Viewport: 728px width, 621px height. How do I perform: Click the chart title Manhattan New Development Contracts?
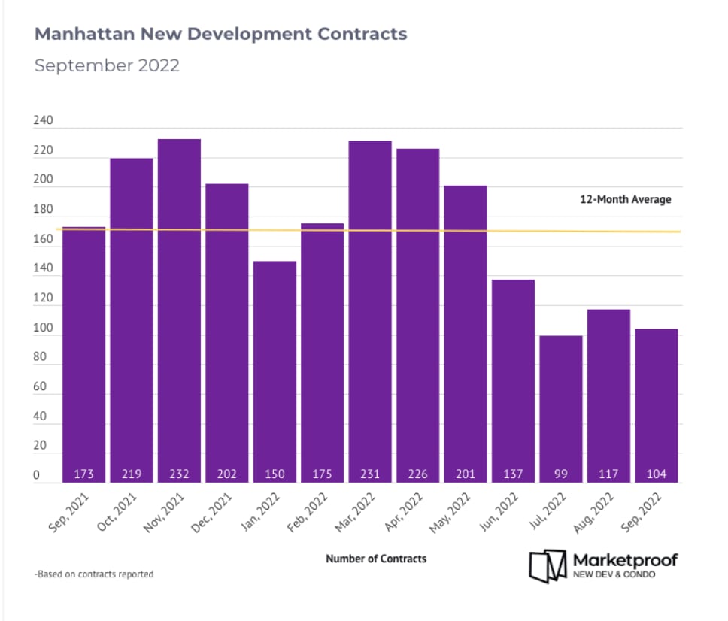[221, 34]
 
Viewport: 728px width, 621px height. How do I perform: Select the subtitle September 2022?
[108, 65]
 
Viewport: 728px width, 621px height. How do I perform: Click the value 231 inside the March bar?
[370, 474]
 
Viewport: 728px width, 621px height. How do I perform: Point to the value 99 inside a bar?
[561, 474]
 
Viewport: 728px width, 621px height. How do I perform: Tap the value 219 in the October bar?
[132, 474]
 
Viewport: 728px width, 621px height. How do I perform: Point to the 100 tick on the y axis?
[44, 329]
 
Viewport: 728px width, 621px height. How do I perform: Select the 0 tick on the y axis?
[36, 475]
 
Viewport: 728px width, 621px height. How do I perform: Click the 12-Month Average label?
[625, 200]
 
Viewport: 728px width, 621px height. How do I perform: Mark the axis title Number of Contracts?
[376, 559]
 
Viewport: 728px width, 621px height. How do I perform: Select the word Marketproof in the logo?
[625, 560]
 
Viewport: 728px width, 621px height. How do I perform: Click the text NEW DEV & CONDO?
[614, 575]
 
